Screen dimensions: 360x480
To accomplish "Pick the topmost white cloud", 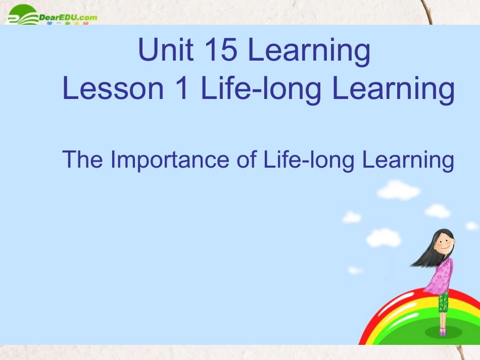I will [398, 190].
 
